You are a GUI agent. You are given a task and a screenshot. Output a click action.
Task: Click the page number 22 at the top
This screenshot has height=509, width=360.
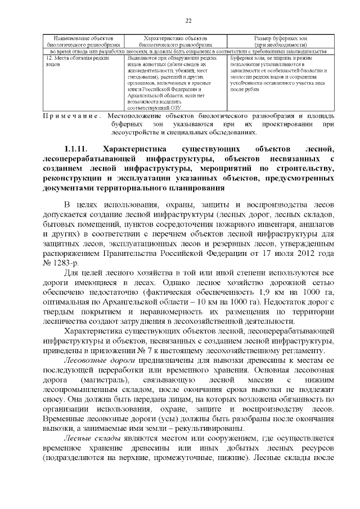click(x=188, y=21)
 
